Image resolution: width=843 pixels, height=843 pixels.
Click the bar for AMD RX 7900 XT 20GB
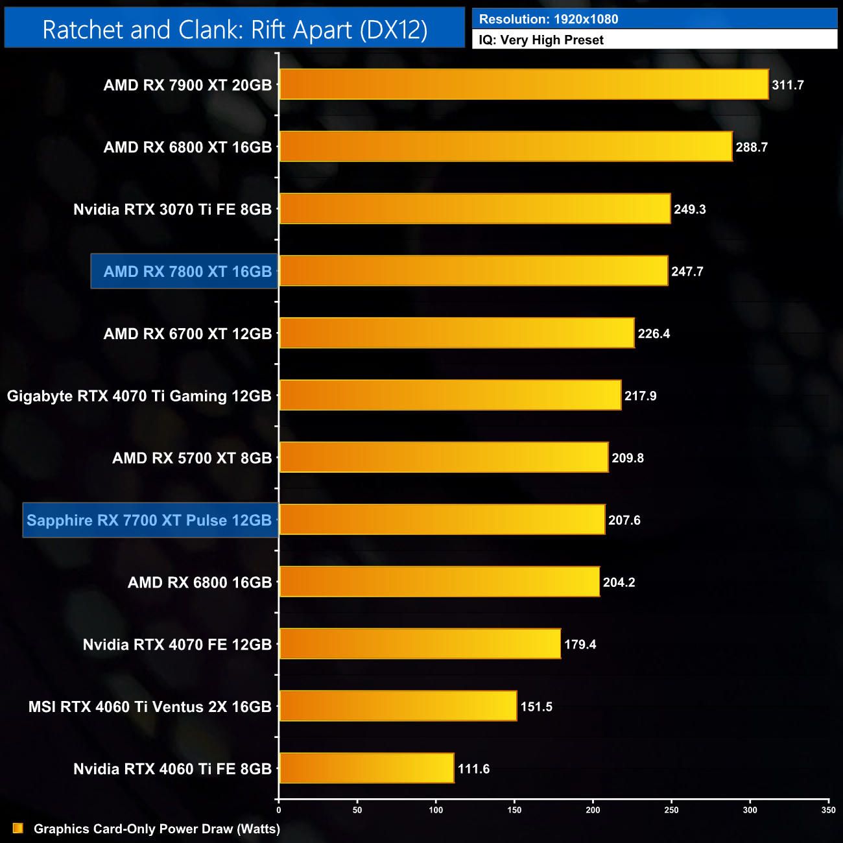point(524,84)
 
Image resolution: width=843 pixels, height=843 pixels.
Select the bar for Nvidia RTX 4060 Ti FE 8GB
point(366,768)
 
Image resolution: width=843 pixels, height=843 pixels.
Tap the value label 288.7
point(752,147)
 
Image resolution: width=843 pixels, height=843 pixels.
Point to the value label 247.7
point(687,272)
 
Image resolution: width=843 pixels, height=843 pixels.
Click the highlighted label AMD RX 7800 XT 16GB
point(187,272)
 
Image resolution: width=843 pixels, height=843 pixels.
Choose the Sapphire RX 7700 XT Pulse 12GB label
point(149,520)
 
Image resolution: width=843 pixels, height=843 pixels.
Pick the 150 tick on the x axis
point(514,810)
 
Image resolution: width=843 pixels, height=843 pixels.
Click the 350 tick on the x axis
point(828,810)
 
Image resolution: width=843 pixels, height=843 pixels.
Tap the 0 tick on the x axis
point(279,810)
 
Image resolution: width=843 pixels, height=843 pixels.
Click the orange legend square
point(18,829)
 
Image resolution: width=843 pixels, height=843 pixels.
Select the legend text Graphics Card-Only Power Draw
point(157,829)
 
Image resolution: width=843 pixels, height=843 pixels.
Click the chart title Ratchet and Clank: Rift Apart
point(235,30)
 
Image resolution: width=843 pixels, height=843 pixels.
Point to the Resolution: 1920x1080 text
point(549,19)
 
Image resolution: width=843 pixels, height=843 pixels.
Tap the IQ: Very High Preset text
point(541,40)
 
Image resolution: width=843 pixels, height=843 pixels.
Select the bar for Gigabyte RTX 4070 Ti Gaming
point(450,396)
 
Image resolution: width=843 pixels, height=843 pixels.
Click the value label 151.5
point(536,707)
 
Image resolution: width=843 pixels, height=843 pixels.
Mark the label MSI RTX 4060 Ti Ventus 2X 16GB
point(150,707)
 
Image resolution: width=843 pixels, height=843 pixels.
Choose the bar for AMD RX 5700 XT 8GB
point(444,458)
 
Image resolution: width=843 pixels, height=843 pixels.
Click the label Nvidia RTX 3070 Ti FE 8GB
point(172,209)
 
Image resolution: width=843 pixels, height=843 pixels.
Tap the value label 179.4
point(580,645)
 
